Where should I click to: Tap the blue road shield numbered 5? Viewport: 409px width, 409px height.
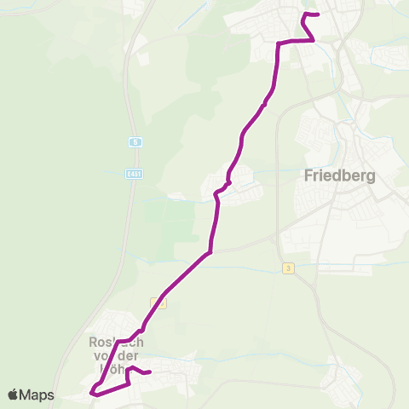coord(135,142)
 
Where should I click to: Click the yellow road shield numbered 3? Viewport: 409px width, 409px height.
coord(289,268)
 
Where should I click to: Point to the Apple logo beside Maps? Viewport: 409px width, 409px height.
coord(14,395)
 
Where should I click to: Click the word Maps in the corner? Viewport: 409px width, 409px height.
coord(37,395)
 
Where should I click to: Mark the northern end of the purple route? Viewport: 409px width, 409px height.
coord(317,14)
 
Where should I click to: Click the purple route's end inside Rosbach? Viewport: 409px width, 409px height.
coord(149,372)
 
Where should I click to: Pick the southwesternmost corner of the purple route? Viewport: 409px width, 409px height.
coord(92,393)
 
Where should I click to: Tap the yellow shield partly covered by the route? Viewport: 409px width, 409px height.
coord(158,302)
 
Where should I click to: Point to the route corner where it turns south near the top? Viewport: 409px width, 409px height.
coord(278,43)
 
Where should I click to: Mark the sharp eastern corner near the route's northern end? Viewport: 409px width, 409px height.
coord(313,38)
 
